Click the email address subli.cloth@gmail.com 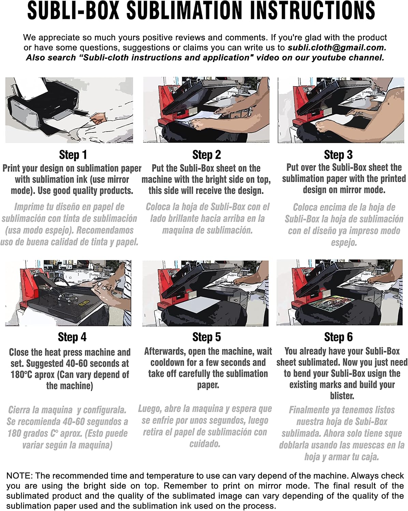coord(337,48)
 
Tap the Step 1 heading coord(73,155)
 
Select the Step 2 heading coord(207,155)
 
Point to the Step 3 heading coord(338,155)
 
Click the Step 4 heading coord(72,337)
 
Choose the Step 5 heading coord(207,337)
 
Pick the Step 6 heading coord(338,337)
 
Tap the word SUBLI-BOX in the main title coord(73,11)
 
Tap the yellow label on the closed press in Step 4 coord(84,303)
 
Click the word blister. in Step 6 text coord(342,396)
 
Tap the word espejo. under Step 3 coord(344,243)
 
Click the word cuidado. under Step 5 coord(205,444)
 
